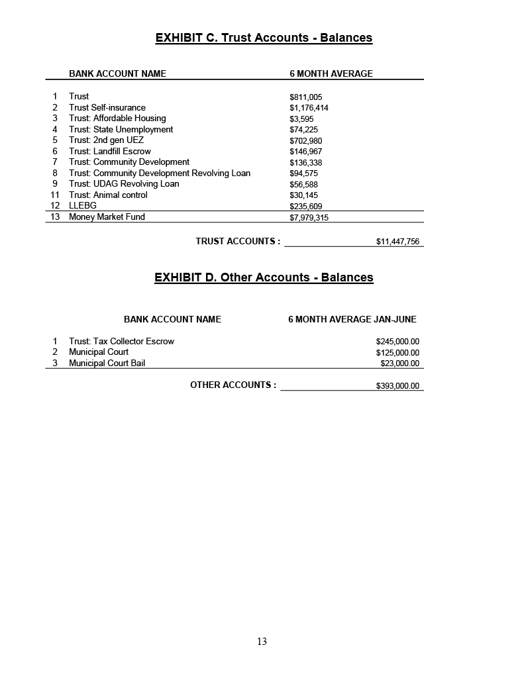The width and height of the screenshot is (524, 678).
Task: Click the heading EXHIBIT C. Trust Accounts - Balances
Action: point(264,38)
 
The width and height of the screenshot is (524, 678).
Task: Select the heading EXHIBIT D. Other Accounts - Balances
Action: point(264,277)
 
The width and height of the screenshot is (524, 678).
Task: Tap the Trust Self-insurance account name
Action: point(107,107)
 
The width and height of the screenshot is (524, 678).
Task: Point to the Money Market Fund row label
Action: point(107,217)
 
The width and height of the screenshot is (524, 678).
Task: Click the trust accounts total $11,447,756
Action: point(397,242)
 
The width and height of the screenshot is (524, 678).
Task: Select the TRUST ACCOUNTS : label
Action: point(238,241)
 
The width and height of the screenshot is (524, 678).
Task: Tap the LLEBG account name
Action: point(83,205)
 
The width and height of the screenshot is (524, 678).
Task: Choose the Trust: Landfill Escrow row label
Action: point(110,151)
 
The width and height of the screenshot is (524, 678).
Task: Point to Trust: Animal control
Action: point(108,195)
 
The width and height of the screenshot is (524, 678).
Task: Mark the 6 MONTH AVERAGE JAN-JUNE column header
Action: point(352,319)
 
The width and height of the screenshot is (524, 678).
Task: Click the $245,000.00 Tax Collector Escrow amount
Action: point(397,342)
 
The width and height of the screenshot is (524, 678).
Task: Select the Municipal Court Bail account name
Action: point(107,363)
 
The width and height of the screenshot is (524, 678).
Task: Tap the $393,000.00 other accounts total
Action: point(397,385)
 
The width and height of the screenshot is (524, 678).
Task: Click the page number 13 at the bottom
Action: point(262,641)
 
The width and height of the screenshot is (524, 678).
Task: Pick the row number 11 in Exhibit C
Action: point(55,195)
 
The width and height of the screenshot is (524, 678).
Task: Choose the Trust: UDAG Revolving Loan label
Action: point(124,183)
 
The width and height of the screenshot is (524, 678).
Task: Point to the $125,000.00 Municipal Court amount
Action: point(397,352)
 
